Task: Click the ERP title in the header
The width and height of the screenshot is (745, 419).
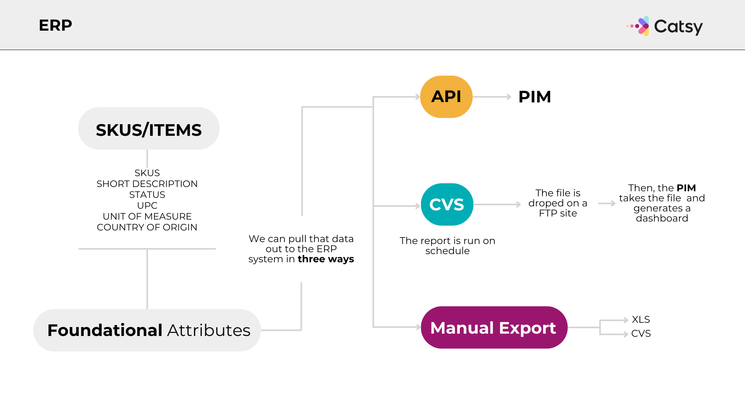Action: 55,26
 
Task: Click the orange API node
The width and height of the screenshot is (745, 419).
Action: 446,97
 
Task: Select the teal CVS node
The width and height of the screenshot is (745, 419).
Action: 447,204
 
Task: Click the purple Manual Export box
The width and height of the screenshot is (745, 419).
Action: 494,328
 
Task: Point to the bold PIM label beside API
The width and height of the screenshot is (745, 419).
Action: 535,97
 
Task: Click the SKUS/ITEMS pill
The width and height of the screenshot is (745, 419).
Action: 149,129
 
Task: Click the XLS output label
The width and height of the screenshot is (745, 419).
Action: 641,319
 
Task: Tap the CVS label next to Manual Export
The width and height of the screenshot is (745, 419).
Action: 641,333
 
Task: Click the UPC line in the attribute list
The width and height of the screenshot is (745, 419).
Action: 147,205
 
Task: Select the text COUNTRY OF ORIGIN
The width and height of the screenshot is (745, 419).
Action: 147,227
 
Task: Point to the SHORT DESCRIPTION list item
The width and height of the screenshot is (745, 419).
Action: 147,184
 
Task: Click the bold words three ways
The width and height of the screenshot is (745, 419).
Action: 326,259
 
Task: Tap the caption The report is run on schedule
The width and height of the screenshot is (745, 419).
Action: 447,246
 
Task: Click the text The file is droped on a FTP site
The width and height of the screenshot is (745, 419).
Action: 558,203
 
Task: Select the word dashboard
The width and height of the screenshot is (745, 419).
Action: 662,218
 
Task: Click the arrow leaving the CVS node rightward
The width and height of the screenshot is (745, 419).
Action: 497,204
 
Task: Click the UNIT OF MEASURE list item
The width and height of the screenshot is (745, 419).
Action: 147,216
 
